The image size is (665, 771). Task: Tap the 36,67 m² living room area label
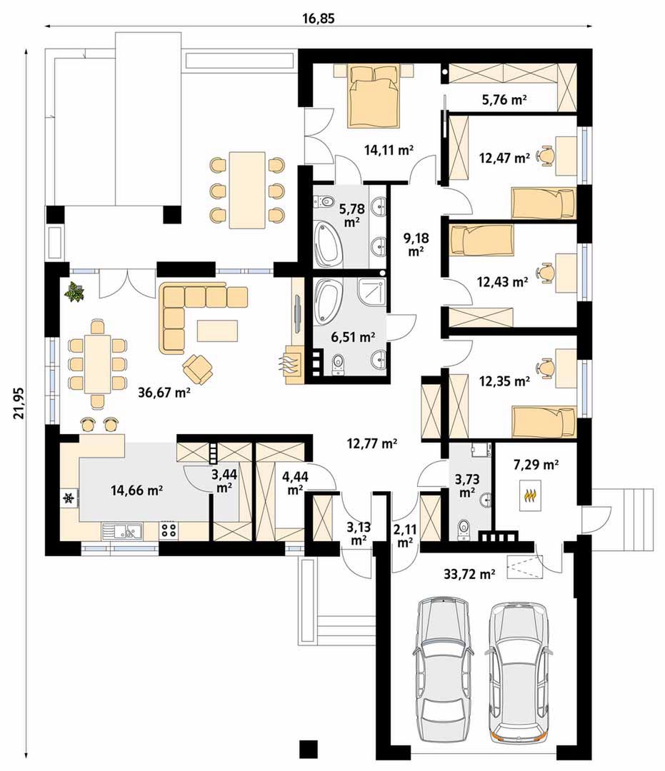(x=164, y=393)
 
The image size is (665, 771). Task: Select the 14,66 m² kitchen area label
(x=136, y=490)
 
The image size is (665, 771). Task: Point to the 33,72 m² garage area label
(x=469, y=573)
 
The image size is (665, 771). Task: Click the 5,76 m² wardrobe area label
(x=504, y=101)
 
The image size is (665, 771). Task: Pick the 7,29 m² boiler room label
(x=536, y=464)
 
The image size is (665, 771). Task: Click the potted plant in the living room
(x=75, y=291)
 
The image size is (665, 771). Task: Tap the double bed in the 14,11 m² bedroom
(x=374, y=96)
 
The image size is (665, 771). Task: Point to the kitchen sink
(x=122, y=531)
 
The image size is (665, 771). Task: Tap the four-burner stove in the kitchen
(x=169, y=531)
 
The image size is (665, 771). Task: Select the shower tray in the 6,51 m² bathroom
(x=372, y=293)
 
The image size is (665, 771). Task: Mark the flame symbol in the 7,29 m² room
(x=529, y=495)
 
